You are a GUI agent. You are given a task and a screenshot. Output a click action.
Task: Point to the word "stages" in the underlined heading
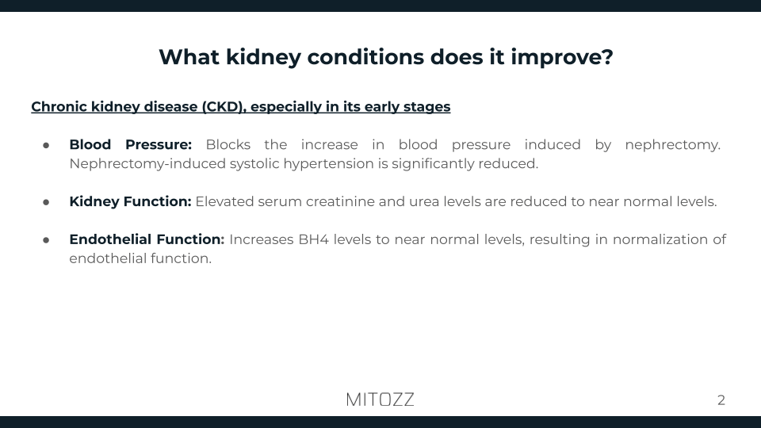[425, 106]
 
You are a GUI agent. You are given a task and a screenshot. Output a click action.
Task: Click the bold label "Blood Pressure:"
[131, 145]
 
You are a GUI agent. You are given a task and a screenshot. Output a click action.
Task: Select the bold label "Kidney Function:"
[130, 201]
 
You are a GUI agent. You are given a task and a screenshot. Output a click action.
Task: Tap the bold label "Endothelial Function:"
[147, 239]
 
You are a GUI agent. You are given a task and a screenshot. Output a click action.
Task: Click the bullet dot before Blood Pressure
[46, 145]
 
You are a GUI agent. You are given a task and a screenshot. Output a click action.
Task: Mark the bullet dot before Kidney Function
[46, 201]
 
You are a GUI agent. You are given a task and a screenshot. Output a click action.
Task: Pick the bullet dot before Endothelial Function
[46, 239]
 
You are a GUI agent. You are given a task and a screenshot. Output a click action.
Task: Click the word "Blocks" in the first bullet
[228, 145]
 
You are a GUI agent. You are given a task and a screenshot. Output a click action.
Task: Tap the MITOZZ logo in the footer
[380, 399]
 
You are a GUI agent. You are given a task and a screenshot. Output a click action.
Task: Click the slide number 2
[721, 400]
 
